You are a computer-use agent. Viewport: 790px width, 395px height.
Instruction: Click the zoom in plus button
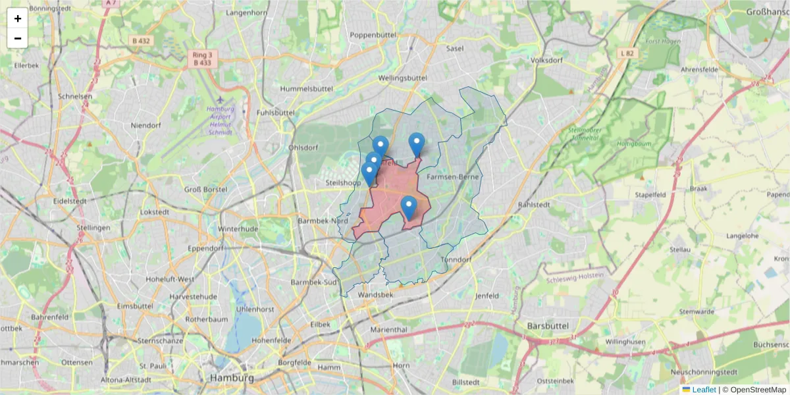coord(18,18)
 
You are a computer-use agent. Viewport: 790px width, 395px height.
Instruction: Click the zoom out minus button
coord(18,38)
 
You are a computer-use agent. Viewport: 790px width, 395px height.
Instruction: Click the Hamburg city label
coord(232,378)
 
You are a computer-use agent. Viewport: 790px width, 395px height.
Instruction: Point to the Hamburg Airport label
coord(220,120)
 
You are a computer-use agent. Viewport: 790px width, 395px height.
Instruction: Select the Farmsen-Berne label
coord(452,177)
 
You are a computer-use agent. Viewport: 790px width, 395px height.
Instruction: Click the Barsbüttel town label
coord(547,325)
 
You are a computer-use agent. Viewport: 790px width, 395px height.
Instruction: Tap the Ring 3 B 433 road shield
coord(202,59)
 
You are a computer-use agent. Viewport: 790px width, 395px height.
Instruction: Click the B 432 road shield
coord(140,41)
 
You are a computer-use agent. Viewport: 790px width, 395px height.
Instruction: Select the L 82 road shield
coord(627,52)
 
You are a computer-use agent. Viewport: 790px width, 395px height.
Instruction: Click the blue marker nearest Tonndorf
coord(409,208)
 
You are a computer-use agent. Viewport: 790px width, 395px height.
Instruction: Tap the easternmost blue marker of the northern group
coord(417,144)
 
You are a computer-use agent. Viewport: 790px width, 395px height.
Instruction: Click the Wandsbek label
coord(375,295)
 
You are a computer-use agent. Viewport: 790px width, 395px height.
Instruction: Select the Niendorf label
coord(145,125)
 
